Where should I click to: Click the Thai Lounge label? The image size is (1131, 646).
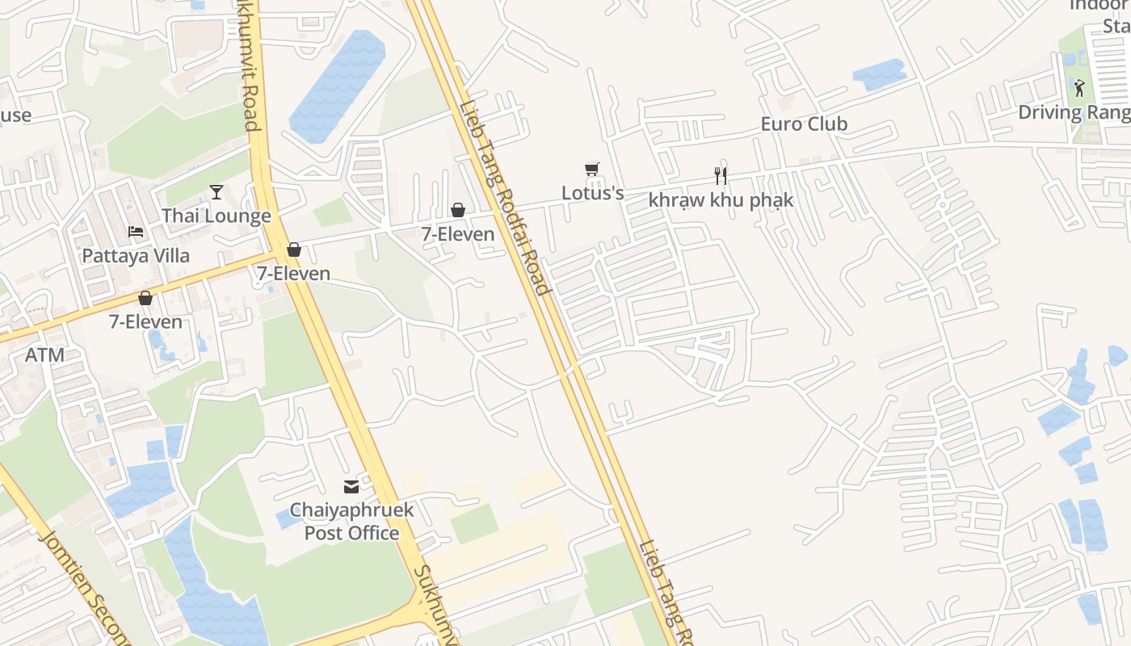click(x=216, y=216)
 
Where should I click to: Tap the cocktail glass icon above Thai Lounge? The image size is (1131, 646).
click(x=217, y=191)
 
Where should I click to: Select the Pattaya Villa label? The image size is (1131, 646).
click(x=136, y=256)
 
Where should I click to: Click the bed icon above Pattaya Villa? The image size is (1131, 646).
click(x=136, y=232)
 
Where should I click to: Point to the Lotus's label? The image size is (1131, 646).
click(x=593, y=194)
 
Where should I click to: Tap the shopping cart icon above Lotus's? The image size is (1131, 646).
click(x=592, y=170)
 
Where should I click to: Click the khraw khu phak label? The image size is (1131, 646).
click(x=721, y=200)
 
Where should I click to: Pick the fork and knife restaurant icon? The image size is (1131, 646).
click(x=721, y=175)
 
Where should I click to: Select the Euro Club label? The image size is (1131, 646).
click(x=804, y=124)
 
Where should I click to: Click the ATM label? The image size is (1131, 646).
click(x=44, y=355)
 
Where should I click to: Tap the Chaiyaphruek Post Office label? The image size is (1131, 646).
click(x=351, y=522)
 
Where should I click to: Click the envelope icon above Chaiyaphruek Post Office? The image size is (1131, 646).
click(x=351, y=487)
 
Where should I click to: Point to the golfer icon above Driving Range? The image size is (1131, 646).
click(x=1079, y=87)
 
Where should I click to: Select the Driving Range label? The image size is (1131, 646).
click(x=1073, y=112)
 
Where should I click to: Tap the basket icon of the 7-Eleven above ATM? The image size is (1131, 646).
click(x=145, y=298)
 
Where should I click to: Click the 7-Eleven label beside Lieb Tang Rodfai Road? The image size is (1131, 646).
click(x=457, y=234)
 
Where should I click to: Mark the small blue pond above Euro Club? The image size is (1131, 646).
click(x=880, y=74)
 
